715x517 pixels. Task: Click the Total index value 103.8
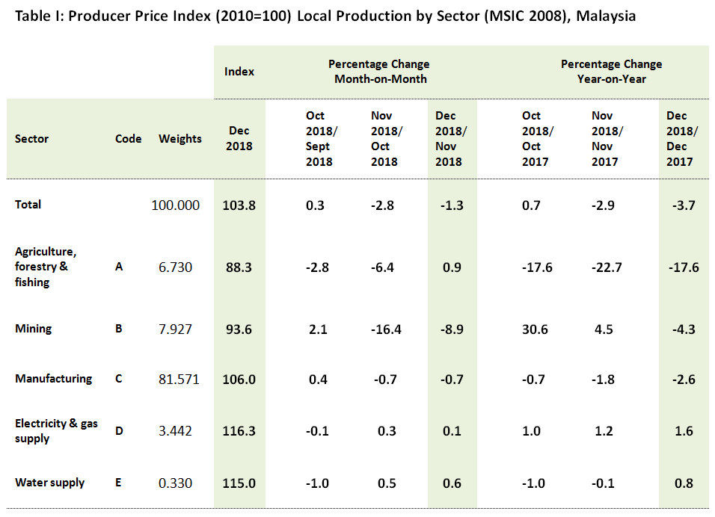(x=239, y=205)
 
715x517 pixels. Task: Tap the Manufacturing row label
(x=53, y=379)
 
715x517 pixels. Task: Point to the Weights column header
(x=180, y=139)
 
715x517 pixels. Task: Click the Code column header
(x=128, y=139)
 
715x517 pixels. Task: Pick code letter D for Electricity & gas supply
(x=118, y=431)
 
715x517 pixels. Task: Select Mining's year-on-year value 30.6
(x=536, y=329)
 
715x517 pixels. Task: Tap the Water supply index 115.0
(x=239, y=483)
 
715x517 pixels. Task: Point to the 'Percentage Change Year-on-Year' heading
(x=611, y=72)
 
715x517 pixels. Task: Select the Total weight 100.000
(x=176, y=205)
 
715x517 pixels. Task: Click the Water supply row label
(x=49, y=483)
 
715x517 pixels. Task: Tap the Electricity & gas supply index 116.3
(x=239, y=431)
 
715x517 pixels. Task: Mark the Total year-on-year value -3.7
(x=683, y=205)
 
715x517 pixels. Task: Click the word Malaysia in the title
(x=606, y=16)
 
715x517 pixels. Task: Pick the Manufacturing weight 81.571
(x=177, y=380)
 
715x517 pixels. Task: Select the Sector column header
(x=31, y=139)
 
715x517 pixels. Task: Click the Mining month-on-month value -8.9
(x=451, y=329)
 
